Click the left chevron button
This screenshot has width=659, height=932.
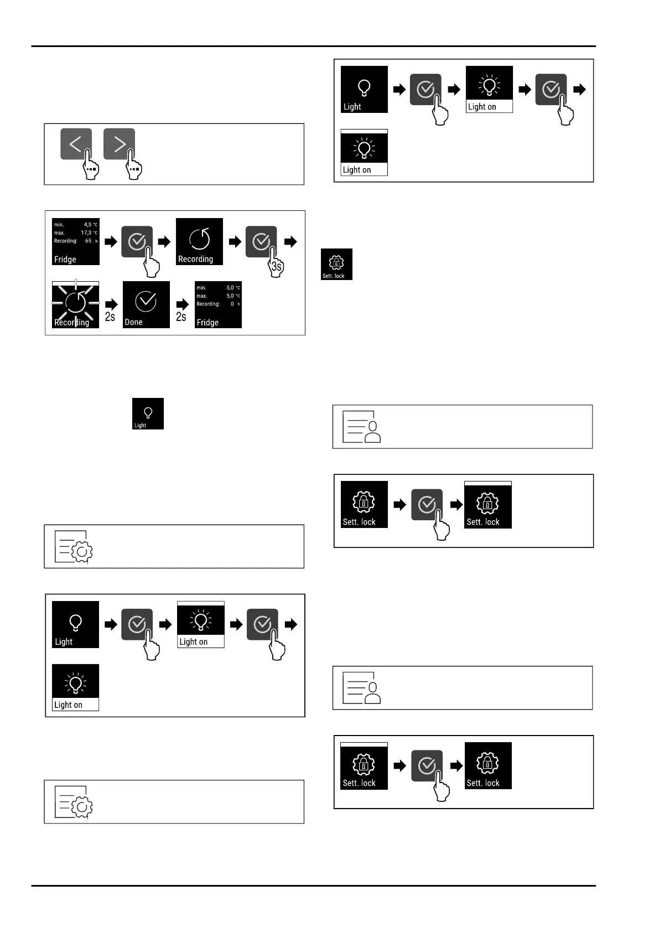tap(75, 144)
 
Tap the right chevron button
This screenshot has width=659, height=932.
tap(119, 144)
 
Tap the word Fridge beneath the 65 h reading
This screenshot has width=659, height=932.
tap(65, 259)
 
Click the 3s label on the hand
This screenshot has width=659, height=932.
tap(276, 267)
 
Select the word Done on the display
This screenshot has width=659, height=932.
tap(134, 322)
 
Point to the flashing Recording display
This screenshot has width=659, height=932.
tap(75, 304)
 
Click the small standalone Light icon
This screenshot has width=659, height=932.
tap(148, 413)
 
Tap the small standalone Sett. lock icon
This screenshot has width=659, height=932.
tap(336, 264)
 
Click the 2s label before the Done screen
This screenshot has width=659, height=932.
tap(110, 317)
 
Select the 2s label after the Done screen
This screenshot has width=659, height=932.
tap(181, 317)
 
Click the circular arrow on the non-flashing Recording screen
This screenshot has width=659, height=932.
tap(200, 239)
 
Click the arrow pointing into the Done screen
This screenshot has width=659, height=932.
tap(111, 304)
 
